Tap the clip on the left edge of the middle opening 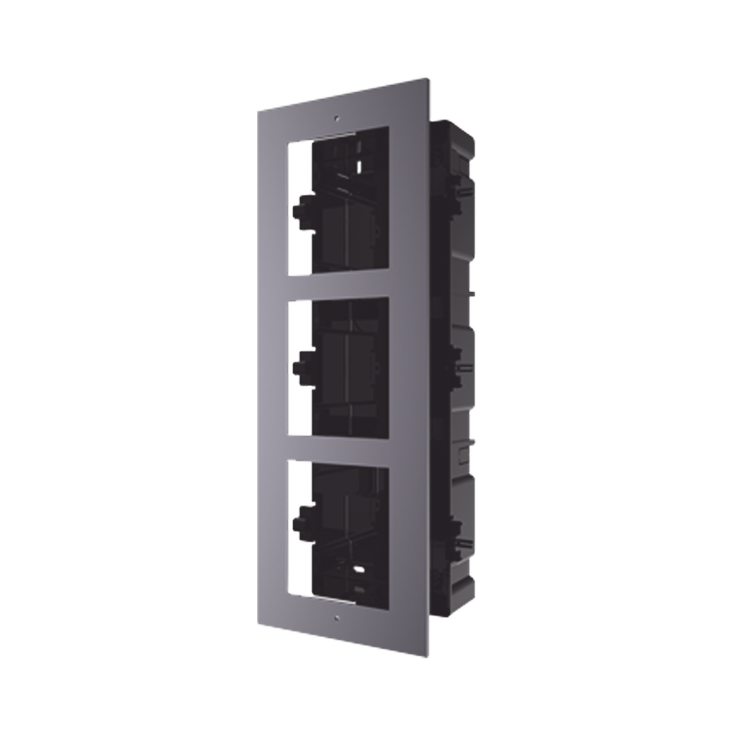click(300, 363)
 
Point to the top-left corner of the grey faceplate click(256, 110)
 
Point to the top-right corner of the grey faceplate click(429, 76)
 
